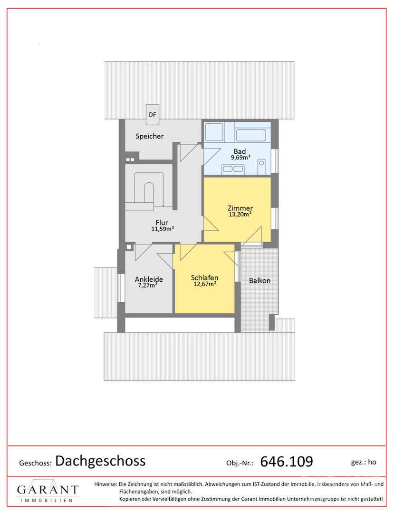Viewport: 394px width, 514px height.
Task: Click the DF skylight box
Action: pyautogui.click(x=152, y=115)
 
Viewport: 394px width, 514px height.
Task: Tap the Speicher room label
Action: pyautogui.click(x=150, y=136)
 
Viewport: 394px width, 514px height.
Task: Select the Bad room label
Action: pyautogui.click(x=240, y=151)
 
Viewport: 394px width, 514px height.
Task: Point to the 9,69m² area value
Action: pyautogui.click(x=240, y=158)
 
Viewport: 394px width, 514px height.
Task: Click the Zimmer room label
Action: pyautogui.click(x=240, y=208)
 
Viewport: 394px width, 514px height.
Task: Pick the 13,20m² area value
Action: pyautogui.click(x=240, y=214)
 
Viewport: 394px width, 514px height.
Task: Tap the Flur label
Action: pyautogui.click(x=162, y=223)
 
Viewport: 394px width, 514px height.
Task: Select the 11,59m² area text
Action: pyautogui.click(x=163, y=229)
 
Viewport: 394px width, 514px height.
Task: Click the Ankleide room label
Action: pyautogui.click(x=149, y=279)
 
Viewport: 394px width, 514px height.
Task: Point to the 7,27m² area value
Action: pyautogui.click(x=148, y=285)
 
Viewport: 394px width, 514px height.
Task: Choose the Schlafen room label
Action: pyautogui.click(x=204, y=278)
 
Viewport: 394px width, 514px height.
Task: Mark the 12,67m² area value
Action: pyautogui.click(x=204, y=284)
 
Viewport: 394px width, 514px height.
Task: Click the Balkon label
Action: pyautogui.click(x=259, y=281)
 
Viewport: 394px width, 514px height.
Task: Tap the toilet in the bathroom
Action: pyautogui.click(x=261, y=167)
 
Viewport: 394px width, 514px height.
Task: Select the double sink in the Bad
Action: pyautogui.click(x=233, y=169)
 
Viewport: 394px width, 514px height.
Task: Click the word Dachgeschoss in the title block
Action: pyautogui.click(x=100, y=461)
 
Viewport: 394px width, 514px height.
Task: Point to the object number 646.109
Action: pyautogui.click(x=287, y=462)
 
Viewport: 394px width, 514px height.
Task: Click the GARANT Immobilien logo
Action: pyautogui.click(x=48, y=490)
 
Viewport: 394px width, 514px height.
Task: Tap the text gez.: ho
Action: pyautogui.click(x=364, y=462)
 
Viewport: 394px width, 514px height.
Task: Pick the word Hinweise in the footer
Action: pyautogui.click(x=106, y=484)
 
